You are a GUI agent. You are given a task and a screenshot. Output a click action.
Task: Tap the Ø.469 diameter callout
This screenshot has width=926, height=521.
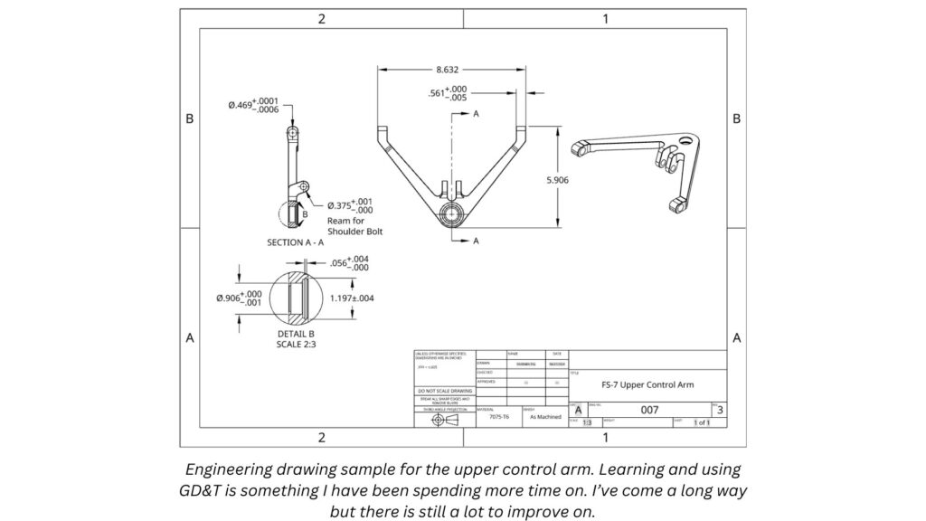pos(254,106)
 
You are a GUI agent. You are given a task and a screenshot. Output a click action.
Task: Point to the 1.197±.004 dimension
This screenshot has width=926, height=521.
pos(352,297)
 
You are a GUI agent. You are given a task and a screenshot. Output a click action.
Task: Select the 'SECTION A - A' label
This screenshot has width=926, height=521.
pos(298,243)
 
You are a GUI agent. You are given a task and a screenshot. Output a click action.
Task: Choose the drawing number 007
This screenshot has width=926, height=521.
pos(649,410)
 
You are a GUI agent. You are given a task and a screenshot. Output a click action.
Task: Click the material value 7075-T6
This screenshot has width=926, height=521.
pos(499,417)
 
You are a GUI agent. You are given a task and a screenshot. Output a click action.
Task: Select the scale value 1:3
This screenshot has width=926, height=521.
pos(586,422)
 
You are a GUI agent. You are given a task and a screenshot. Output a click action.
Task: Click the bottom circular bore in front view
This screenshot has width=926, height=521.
pos(450,214)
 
